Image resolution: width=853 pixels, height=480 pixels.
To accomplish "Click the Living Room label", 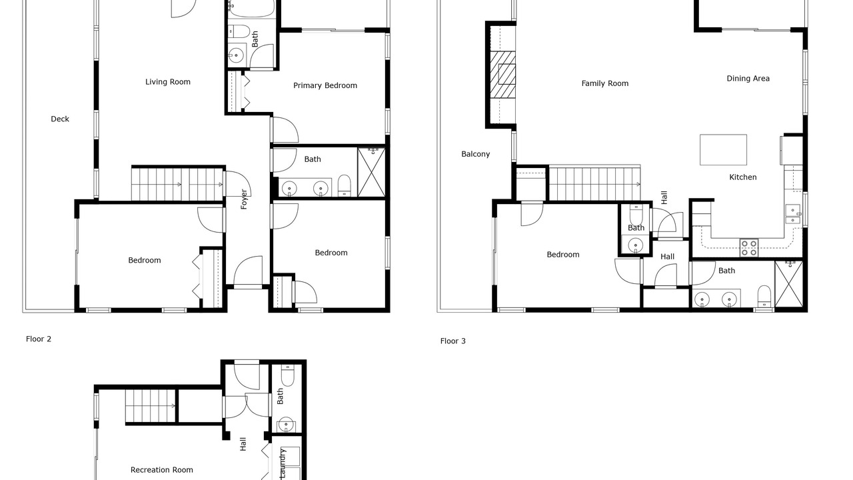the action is tap(167, 82).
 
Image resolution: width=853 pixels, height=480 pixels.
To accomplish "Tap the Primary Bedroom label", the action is tap(325, 86).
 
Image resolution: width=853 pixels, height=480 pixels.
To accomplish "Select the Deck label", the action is tap(60, 119).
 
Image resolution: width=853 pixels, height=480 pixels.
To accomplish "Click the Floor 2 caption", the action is tap(39, 339).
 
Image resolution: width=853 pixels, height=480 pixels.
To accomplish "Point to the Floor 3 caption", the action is tap(452, 341).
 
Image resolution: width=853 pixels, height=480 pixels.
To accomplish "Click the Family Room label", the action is tap(604, 83).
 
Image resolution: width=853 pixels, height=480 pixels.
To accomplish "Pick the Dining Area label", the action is tap(748, 79).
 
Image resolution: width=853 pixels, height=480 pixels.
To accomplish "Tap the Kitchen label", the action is tap(742, 177).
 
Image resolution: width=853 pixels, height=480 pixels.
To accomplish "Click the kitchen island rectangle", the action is tap(723, 150).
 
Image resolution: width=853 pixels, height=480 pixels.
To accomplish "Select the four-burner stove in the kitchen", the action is tap(748, 247).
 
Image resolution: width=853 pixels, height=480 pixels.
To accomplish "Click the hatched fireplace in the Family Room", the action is tap(502, 75).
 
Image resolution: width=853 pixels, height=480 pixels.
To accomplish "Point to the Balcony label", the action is tap(475, 154).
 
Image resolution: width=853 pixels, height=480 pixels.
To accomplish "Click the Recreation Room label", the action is tap(161, 470).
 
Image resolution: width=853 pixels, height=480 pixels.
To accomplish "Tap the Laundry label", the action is tap(282, 463).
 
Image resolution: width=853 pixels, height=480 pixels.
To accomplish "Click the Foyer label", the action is tap(244, 199).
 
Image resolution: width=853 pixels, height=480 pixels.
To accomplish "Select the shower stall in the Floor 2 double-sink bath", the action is tap(371, 173).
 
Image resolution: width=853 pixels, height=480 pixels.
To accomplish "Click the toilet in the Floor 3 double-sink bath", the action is tap(764, 296).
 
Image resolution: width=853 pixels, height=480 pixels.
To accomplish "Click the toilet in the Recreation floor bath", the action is tap(287, 375).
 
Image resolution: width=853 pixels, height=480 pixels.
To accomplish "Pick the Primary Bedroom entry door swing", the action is tap(285, 129).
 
